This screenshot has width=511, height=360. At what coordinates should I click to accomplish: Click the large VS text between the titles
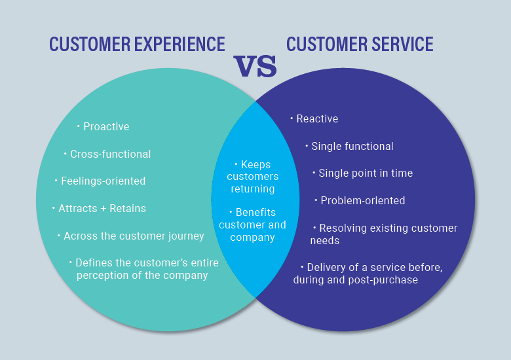(255, 67)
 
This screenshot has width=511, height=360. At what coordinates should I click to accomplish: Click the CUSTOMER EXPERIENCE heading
(137, 45)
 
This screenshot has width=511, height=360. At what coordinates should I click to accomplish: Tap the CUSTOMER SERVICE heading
(360, 45)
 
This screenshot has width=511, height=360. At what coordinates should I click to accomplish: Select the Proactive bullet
(105, 126)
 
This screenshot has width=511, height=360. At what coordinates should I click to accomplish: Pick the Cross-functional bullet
(110, 154)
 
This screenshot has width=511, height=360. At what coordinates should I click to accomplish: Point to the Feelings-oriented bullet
(103, 181)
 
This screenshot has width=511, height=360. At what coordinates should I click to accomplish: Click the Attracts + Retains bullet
(102, 208)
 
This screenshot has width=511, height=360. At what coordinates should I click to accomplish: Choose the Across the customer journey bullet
(134, 236)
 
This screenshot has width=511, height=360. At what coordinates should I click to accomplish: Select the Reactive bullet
(317, 118)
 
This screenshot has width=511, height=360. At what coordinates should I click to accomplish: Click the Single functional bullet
(352, 146)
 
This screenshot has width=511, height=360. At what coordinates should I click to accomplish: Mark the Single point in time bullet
(365, 173)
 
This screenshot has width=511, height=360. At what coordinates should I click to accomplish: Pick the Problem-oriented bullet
(362, 200)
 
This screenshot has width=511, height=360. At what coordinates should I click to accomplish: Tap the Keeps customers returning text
(252, 177)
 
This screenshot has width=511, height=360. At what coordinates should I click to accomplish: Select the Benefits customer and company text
(252, 225)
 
